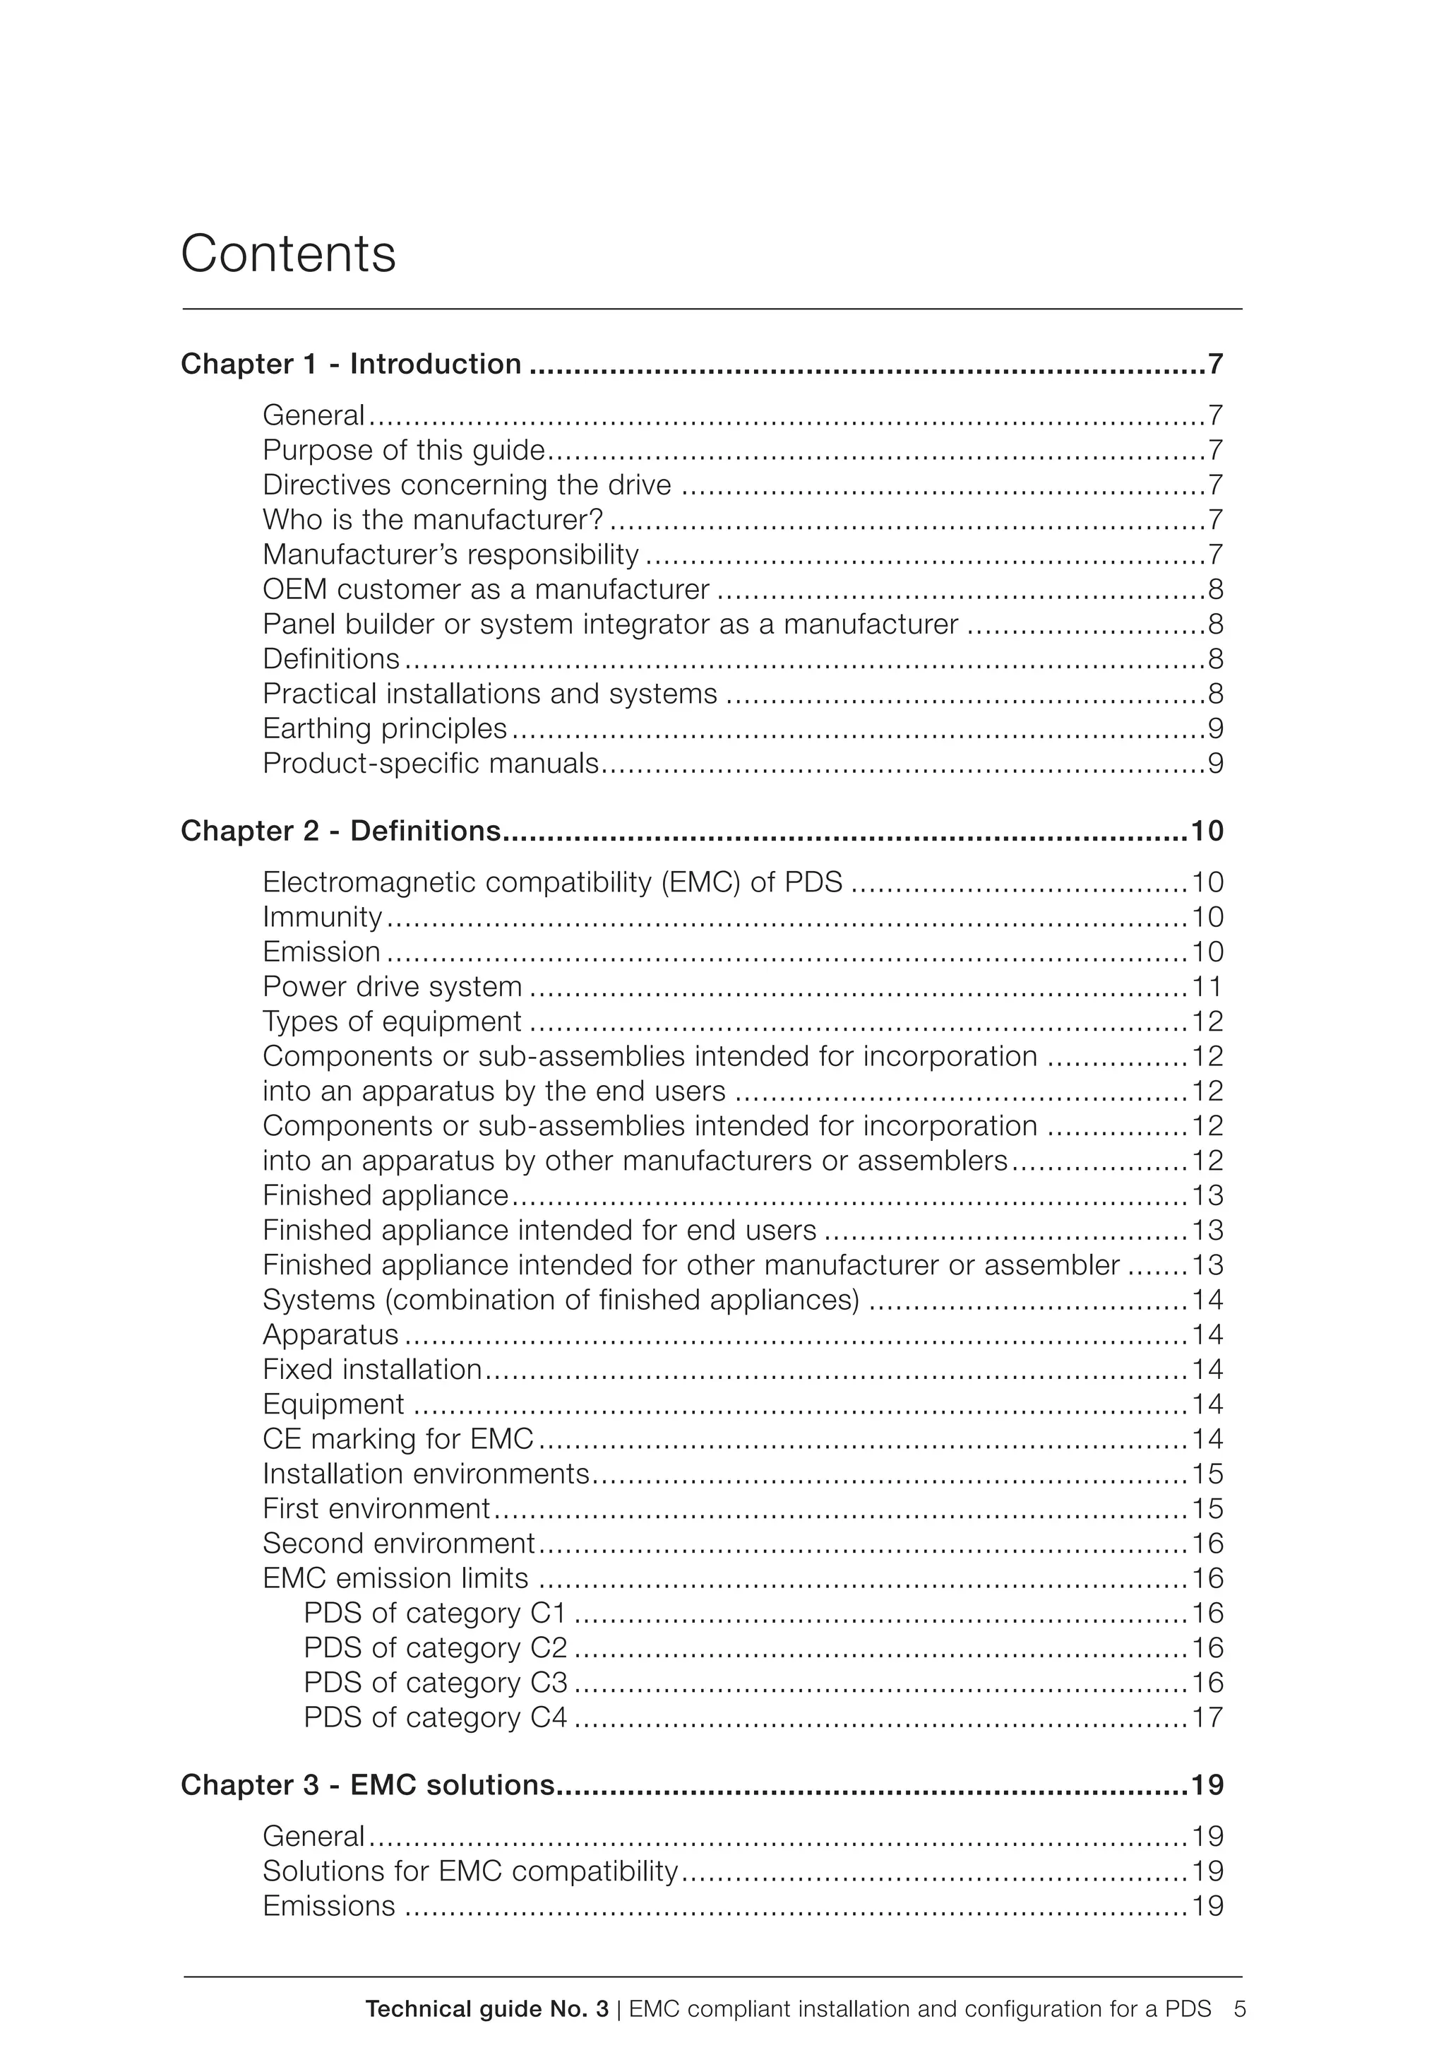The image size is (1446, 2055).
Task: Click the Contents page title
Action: (288, 254)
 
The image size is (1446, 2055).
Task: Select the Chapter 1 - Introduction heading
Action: (351, 365)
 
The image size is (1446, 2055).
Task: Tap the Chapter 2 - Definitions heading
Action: (340, 831)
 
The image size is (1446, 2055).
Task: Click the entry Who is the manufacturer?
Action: (432, 519)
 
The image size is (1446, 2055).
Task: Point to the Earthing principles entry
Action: (385, 728)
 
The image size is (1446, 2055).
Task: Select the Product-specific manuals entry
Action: (431, 764)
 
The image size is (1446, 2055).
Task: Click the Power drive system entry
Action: (392, 986)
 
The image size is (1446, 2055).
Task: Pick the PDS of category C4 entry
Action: (436, 1717)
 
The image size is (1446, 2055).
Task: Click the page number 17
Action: (1207, 1717)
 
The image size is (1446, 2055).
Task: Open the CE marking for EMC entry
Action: (398, 1438)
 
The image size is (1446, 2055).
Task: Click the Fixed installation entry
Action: (372, 1369)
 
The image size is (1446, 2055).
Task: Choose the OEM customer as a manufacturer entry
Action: (486, 589)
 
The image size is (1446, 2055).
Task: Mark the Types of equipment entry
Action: (392, 1021)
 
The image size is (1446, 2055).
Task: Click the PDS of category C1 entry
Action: (436, 1613)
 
